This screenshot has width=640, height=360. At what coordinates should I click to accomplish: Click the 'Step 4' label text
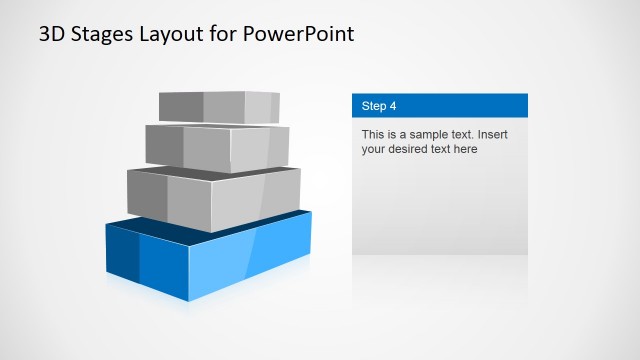pyautogui.click(x=380, y=105)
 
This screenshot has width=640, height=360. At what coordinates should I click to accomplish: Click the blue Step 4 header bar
pyautogui.click(x=470, y=105)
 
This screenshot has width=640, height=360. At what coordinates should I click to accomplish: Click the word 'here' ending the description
pyautogui.click(x=465, y=149)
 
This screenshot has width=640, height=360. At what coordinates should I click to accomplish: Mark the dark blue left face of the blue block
pyautogui.click(x=122, y=256)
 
